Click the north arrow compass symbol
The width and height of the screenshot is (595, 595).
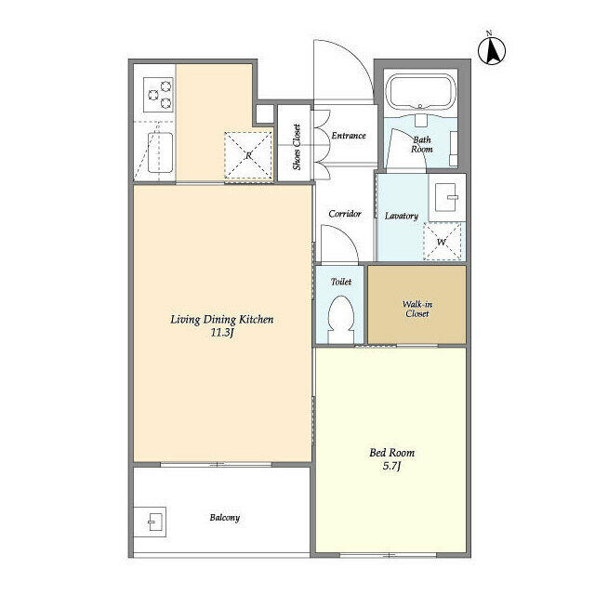[492, 50]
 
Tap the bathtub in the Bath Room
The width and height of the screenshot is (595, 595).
[420, 92]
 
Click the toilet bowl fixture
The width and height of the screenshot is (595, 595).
[341, 318]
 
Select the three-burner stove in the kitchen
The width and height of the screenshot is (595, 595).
[158, 95]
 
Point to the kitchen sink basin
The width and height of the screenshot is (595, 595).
[160, 152]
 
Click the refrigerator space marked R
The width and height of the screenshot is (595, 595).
[248, 155]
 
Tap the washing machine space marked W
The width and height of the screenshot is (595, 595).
[443, 242]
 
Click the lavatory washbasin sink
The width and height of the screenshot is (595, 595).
[447, 197]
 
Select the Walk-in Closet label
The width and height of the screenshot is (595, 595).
[417, 309]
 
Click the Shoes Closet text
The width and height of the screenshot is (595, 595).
[297, 147]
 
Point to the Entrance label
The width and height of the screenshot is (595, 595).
[349, 136]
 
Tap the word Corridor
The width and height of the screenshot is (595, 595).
[345, 214]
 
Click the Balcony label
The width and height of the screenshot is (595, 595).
[225, 518]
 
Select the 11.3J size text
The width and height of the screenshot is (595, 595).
[221, 333]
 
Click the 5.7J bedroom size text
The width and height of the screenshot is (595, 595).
[391, 466]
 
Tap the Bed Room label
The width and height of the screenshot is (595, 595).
[392, 453]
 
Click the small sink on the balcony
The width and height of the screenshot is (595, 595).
[155, 522]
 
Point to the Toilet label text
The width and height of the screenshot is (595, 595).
[341, 282]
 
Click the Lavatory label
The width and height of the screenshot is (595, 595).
[401, 216]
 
